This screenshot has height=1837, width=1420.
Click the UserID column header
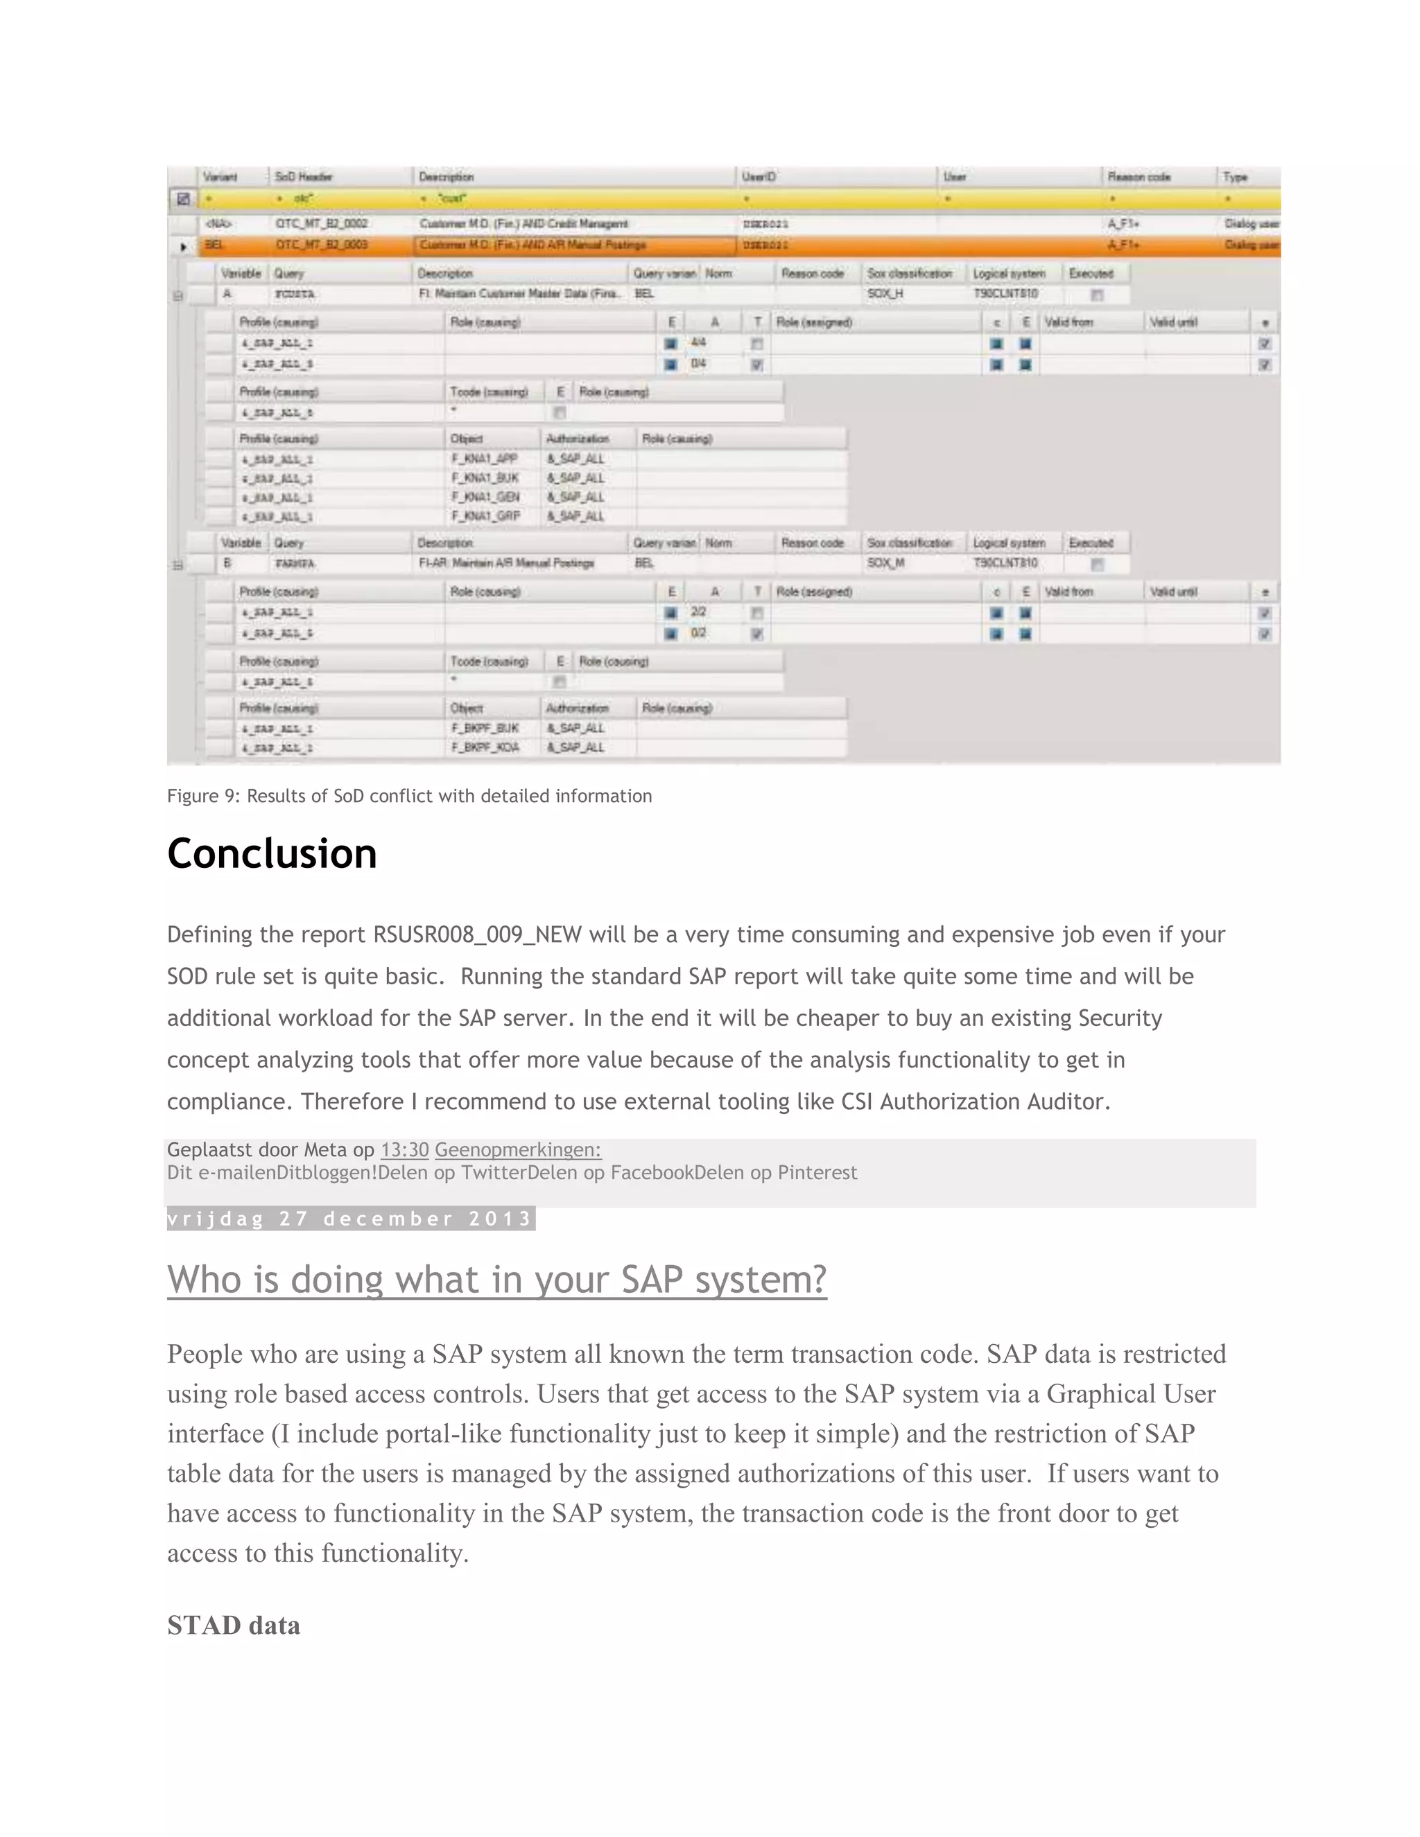(759, 177)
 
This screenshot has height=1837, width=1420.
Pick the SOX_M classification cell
(886, 563)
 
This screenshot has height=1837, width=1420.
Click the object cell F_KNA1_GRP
(485, 516)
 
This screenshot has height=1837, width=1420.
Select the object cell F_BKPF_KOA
(485, 747)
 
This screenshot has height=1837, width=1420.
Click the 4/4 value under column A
(698, 342)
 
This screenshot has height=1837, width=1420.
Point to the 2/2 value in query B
(698, 611)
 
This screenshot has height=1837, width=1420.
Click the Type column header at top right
(1235, 177)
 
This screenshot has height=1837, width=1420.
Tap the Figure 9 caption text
(409, 796)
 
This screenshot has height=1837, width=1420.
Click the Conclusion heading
(272, 854)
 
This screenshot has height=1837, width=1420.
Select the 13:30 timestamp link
(405, 1150)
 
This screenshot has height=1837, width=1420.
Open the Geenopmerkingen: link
(517, 1150)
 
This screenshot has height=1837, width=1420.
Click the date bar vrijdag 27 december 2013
(350, 1219)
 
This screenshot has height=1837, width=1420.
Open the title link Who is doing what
(496, 1280)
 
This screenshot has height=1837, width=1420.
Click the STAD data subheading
(233, 1625)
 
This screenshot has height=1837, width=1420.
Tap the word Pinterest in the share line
(817, 1172)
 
